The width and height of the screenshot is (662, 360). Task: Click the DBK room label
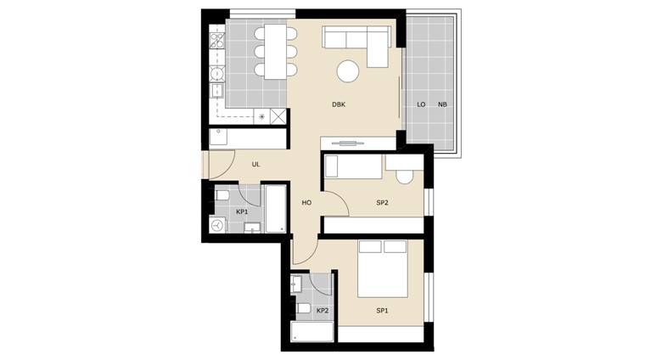coord(339,105)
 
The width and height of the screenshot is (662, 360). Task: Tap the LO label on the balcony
coord(421,105)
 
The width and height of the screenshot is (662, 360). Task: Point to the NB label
coord(442,105)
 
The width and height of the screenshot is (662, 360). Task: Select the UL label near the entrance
coord(255,165)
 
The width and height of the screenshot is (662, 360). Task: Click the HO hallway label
coord(307,204)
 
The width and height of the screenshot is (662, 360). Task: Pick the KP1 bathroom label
coord(242,212)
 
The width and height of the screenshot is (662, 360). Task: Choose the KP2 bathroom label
coord(323,311)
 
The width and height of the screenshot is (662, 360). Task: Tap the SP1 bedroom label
coord(382,311)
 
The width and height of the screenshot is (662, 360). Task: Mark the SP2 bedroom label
coord(382,204)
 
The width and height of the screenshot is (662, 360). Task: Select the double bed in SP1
coord(383,268)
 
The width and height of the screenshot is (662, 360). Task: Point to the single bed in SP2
coord(354,166)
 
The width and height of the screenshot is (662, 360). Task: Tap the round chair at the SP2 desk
coord(405,177)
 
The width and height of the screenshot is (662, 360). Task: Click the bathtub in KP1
coord(276,209)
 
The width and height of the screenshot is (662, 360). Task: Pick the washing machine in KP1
coord(218,226)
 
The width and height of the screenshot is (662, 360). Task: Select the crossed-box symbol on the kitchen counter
coord(278,117)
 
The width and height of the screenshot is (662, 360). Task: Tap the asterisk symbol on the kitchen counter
coord(261,117)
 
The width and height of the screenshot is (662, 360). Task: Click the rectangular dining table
coord(275,51)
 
